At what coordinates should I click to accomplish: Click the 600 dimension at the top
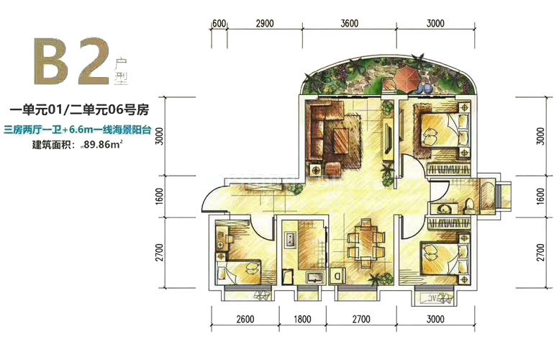click(219, 23)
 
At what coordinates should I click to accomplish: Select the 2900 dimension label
click(265, 23)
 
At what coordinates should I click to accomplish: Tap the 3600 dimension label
click(350, 23)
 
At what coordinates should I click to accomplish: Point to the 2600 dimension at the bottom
click(245, 319)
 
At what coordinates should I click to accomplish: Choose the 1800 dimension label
click(302, 319)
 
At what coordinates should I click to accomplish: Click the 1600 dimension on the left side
click(160, 197)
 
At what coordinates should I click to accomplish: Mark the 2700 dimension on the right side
click(540, 252)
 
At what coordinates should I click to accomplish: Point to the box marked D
click(337, 275)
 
